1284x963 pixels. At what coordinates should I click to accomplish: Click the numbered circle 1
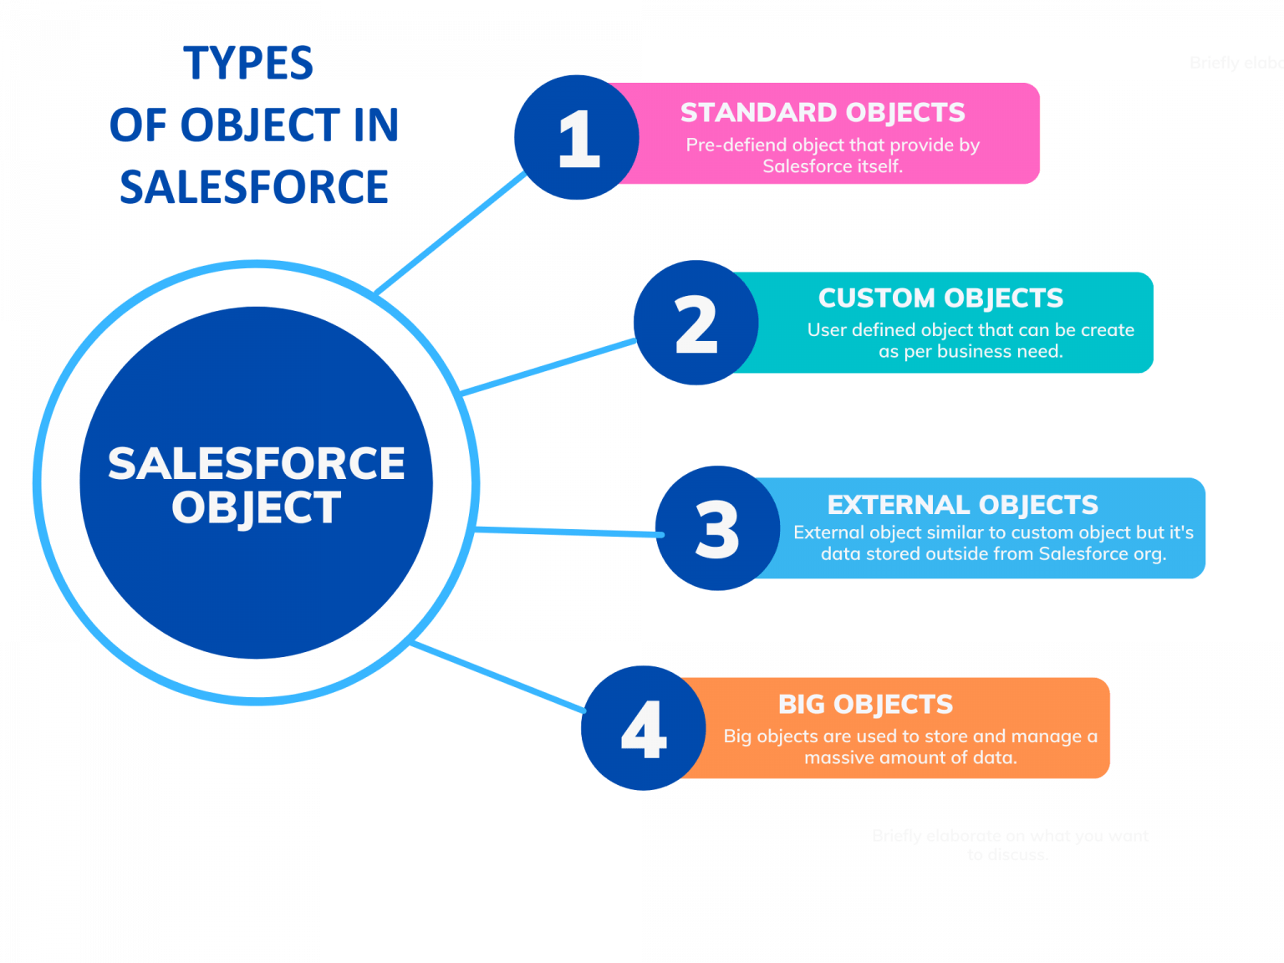pos(577,138)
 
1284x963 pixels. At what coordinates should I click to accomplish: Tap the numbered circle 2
pos(695,324)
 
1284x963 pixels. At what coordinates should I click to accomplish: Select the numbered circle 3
pos(717,528)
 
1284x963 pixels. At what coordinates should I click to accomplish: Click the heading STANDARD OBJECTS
pos(823,113)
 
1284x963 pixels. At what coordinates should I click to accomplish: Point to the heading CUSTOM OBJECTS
pos(940,298)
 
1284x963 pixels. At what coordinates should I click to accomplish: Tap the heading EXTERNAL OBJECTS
pos(962,505)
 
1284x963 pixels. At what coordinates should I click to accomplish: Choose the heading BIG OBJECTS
pos(865,705)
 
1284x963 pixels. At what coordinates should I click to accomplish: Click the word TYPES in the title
pos(249,64)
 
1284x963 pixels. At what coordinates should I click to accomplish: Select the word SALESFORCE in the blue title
pos(253,186)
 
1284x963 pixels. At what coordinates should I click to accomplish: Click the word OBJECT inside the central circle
pos(257,508)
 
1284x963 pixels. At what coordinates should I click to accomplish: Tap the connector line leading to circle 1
pos(451,234)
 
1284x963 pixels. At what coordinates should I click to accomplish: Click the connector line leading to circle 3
pos(568,532)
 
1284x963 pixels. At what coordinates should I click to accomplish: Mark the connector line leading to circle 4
pos(498,676)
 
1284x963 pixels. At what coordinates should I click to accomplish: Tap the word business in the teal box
pos(971,352)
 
